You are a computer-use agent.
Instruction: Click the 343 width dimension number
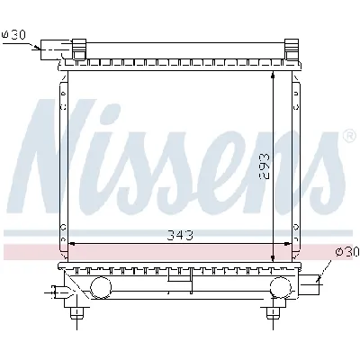(x=180, y=235)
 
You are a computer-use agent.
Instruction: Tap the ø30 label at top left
(x=15, y=35)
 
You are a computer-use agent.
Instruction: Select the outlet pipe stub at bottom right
(x=312, y=285)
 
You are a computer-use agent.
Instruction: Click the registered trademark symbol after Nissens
(x=348, y=137)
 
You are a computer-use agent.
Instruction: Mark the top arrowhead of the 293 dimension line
(x=273, y=77)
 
